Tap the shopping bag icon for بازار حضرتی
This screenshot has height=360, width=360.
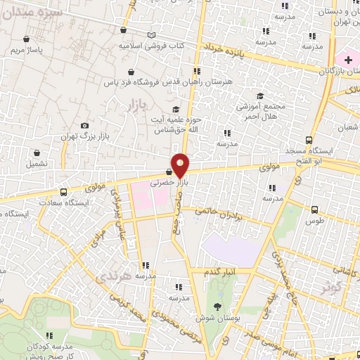tap(169, 172)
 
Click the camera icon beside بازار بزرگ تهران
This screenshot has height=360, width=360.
tap(85, 126)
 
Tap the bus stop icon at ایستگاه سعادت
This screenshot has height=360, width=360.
tap(64, 191)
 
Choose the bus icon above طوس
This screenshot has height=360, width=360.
tap(314, 209)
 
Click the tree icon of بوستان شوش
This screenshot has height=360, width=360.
tap(217, 307)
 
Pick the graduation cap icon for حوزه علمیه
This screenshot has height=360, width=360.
tap(176, 109)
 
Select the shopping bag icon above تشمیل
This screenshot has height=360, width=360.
tap(37, 152)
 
